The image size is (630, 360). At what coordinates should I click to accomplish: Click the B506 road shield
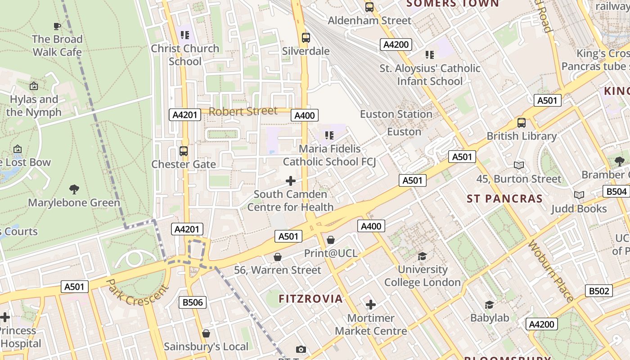coord(193,302)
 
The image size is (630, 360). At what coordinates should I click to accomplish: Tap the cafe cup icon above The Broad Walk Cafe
coord(57,26)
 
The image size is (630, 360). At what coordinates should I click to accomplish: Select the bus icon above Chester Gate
coord(184,151)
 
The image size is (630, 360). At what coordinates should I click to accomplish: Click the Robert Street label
coord(243,111)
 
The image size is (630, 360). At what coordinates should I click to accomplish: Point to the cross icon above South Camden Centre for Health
coord(291,181)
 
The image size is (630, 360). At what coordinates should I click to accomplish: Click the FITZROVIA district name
coord(310,299)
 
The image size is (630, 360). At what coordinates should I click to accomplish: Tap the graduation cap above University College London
coord(422,256)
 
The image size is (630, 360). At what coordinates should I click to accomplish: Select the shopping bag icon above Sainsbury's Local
coord(206,333)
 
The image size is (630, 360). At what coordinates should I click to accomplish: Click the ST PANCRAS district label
coord(504,199)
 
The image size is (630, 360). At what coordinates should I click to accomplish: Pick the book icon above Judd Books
coord(579,195)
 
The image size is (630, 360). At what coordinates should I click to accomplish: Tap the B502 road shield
coord(598,291)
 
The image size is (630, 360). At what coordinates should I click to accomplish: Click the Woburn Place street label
coord(551,271)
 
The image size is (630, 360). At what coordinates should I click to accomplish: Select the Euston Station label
coord(396,114)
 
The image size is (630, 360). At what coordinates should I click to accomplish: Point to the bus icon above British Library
coord(522,122)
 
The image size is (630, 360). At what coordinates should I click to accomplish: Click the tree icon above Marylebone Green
coord(74,189)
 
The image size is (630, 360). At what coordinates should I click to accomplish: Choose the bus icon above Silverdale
coord(306,38)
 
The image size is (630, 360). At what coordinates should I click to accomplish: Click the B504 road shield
coord(616,191)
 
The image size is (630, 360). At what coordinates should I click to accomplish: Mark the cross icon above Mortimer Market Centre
coord(371,305)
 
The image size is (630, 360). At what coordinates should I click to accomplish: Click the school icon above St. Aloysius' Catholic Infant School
coord(430,55)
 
